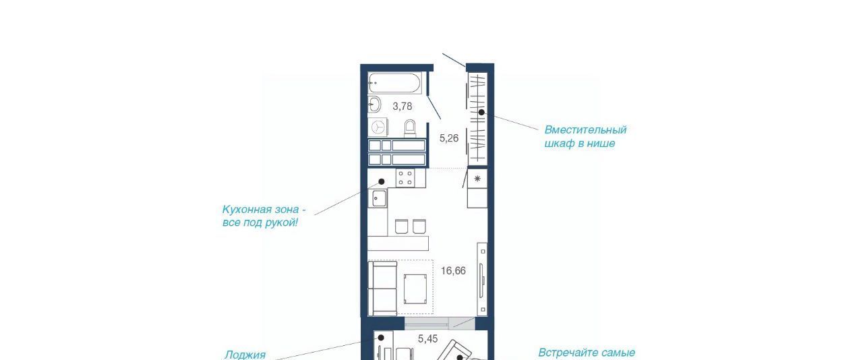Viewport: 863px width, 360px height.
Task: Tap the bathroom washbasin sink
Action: tap(374, 104)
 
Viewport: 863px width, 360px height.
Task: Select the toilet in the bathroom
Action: tap(410, 129)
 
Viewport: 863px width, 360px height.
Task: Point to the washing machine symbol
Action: tap(378, 127)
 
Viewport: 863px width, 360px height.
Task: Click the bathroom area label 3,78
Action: tap(403, 106)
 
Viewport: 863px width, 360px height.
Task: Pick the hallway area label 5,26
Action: tap(449, 138)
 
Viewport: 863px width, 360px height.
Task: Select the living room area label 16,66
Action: tap(453, 271)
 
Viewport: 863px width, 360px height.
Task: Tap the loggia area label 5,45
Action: tap(427, 339)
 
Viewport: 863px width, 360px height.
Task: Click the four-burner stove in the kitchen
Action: tap(406, 178)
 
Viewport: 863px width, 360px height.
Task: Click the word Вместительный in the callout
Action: tap(585, 130)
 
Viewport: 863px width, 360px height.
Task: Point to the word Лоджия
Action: tap(245, 355)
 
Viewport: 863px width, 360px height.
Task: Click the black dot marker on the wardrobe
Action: tap(481, 113)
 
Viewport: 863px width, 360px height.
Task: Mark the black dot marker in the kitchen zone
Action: tap(382, 181)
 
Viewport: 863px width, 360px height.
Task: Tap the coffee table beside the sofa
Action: tap(415, 289)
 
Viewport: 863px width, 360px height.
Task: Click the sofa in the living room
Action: tap(382, 289)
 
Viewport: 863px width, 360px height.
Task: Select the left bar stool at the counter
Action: tap(401, 227)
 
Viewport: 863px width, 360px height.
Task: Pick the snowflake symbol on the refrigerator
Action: tap(477, 179)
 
